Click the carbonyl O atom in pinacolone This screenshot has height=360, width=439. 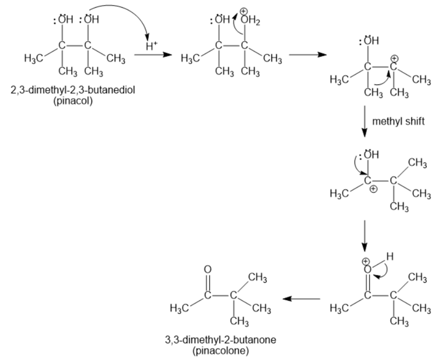click(x=207, y=270)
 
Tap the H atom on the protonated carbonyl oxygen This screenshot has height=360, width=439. click(x=389, y=257)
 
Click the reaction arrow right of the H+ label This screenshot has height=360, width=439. click(x=153, y=55)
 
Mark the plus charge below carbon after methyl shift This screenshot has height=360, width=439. click(x=374, y=189)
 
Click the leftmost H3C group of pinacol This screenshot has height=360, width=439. click(x=33, y=58)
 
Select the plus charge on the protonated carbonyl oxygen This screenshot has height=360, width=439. click(x=364, y=261)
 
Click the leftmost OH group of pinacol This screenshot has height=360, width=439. click(x=66, y=20)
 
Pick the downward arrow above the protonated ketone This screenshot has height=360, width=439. click(x=364, y=236)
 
